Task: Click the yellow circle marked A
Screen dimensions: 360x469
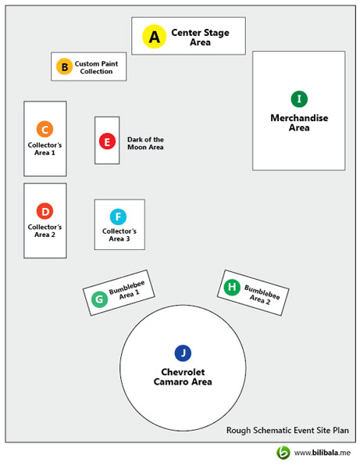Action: click(x=154, y=37)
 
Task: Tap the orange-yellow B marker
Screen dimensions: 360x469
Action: click(x=65, y=66)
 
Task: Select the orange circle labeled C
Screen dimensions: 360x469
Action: click(x=45, y=129)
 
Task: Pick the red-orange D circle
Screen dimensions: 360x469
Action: click(x=45, y=211)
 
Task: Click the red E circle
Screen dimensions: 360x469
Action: click(x=107, y=141)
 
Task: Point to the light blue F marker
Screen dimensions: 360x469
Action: click(x=118, y=217)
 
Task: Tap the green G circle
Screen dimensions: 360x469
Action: click(x=99, y=299)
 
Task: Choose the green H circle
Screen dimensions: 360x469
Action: click(x=232, y=287)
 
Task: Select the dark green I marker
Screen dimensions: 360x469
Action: click(x=299, y=98)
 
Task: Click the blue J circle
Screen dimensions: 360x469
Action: click(x=183, y=353)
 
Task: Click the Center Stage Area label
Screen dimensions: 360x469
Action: click(x=200, y=37)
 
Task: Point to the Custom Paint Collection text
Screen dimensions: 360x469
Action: click(x=96, y=67)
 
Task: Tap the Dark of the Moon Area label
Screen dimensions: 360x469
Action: click(x=145, y=143)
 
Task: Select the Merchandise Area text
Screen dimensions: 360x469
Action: click(x=299, y=123)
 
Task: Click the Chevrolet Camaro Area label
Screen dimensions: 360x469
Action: click(x=183, y=377)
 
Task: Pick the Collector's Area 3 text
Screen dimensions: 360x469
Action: click(x=119, y=234)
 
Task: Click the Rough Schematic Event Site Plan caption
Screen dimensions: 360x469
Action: click(x=287, y=430)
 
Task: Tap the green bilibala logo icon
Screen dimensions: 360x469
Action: click(x=283, y=453)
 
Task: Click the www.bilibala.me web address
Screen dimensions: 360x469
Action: click(x=322, y=453)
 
